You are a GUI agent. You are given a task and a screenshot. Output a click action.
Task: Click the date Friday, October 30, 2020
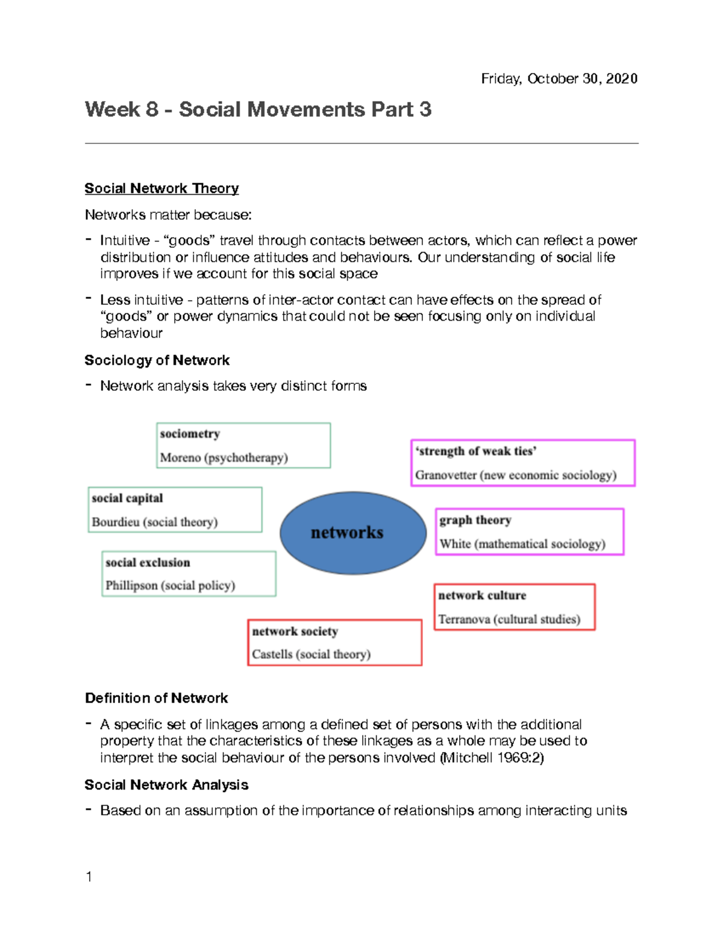[559, 79]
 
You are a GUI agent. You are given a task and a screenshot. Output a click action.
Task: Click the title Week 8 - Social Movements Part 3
[258, 110]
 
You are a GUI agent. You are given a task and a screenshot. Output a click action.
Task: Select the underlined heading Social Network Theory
[161, 189]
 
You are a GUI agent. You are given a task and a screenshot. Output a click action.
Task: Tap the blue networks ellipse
[353, 532]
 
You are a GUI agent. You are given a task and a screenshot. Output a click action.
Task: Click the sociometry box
[243, 445]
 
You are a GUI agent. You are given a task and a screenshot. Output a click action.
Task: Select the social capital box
[175, 510]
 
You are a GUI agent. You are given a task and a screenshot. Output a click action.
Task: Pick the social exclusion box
[189, 574]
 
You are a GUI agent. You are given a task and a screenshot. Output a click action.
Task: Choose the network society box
[334, 642]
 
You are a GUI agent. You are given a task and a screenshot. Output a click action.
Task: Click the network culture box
[515, 607]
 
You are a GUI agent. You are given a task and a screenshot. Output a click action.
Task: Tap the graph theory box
[529, 532]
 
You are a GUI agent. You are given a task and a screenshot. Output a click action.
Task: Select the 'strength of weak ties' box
[522, 463]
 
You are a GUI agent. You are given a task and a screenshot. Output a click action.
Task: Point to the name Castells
[272, 654]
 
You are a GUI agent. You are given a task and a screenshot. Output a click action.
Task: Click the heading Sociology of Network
[157, 360]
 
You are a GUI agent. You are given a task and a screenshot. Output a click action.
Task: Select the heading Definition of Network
[156, 698]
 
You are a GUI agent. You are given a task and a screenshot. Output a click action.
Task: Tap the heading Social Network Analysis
[166, 785]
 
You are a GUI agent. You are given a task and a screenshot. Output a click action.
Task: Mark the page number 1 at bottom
[89, 877]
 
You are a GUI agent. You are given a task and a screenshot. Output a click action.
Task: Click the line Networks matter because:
[168, 215]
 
